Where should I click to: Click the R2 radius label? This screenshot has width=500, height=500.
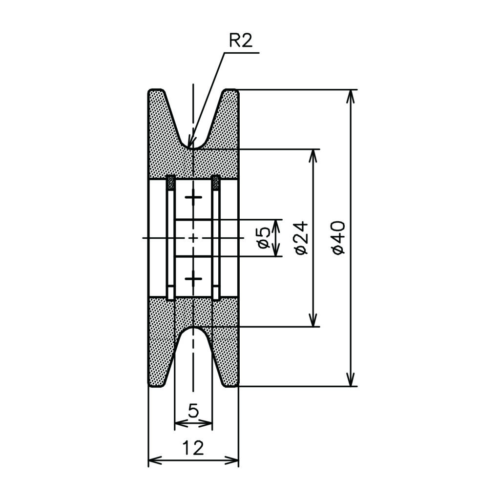tap(241, 41)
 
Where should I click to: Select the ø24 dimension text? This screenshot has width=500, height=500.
tap(302, 238)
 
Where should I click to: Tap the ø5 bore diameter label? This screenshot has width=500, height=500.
tap(264, 238)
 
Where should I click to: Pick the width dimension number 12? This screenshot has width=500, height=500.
tap(193, 448)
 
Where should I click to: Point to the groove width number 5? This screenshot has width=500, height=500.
tap(193, 411)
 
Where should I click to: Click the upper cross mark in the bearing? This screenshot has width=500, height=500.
tap(193, 197)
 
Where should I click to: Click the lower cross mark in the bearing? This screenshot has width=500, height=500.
tap(193, 279)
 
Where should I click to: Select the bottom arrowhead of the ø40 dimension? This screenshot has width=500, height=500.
tap(351, 379)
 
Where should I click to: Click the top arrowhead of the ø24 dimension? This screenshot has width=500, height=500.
tap(314, 156)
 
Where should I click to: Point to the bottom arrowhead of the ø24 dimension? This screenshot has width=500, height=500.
tap(314, 320)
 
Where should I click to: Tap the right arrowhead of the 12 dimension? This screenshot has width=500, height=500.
tap(231, 460)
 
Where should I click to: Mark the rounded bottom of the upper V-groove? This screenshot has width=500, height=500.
tap(193, 148)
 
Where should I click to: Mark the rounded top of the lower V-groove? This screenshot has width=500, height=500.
tap(193, 328)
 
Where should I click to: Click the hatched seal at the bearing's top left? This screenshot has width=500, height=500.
tap(170, 183)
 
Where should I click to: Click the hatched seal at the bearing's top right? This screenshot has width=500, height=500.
tap(216, 183)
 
